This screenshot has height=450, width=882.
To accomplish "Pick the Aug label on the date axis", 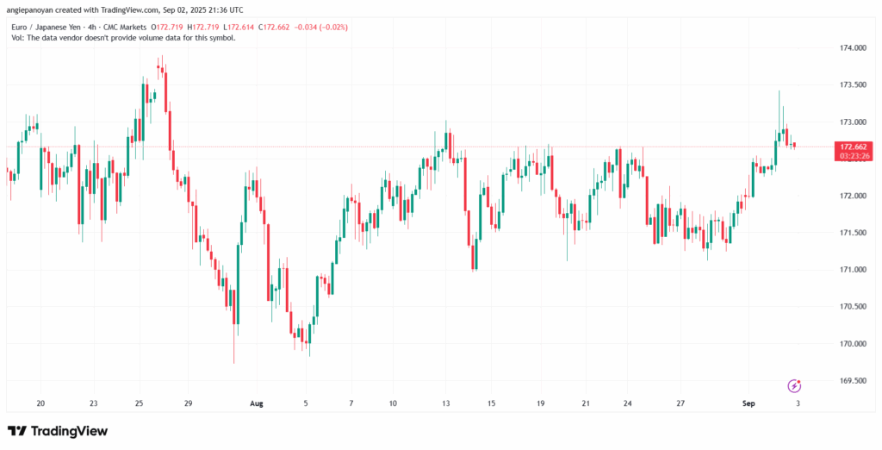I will point(256,402).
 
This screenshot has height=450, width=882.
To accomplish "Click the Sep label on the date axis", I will point(748,402).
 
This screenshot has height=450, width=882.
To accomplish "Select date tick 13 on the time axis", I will point(445,402).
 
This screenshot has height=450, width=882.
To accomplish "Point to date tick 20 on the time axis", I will point(40,402).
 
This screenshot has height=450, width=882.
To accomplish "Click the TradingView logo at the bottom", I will point(59,430).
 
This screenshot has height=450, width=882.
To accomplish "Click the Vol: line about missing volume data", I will point(121,39).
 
